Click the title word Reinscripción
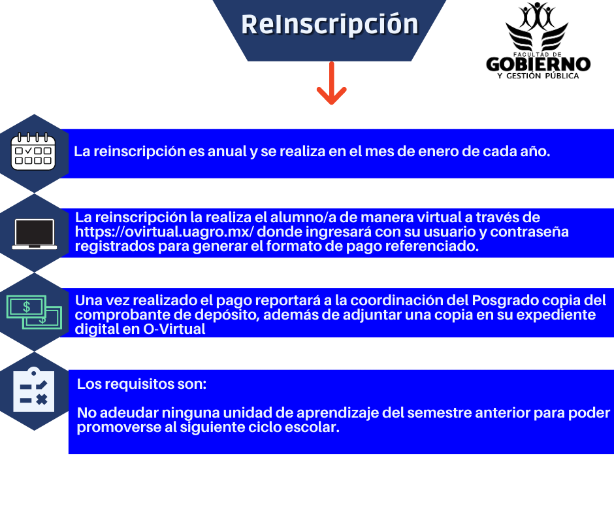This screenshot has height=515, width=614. tap(330, 24)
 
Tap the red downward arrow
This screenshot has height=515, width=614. tap(331, 83)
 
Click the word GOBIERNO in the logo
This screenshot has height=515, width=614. tap(538, 64)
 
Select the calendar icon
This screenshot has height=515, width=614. tap(33, 151)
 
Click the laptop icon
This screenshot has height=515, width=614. tap(35, 234)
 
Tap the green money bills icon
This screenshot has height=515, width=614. tap(34, 312)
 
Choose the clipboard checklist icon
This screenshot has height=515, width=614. tap(34, 390)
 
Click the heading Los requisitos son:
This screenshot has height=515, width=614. tap(142, 384)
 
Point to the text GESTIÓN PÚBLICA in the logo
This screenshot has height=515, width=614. tap(542, 76)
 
